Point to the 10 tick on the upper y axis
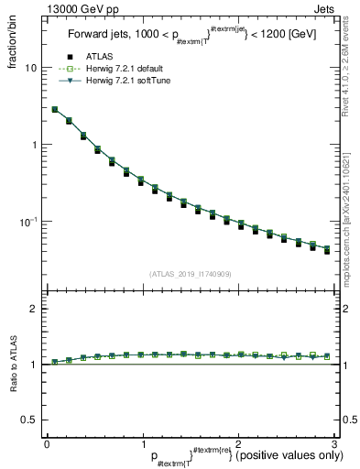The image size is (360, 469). (x=29, y=68)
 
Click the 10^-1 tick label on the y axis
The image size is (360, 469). (x=27, y=221)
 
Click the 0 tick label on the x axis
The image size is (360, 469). (x=47, y=443)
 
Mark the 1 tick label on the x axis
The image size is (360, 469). (x=142, y=443)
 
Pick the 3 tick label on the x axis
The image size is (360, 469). (x=333, y=443)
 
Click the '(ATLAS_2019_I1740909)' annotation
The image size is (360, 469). (x=190, y=274)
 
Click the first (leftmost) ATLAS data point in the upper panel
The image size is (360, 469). (x=54, y=110)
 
